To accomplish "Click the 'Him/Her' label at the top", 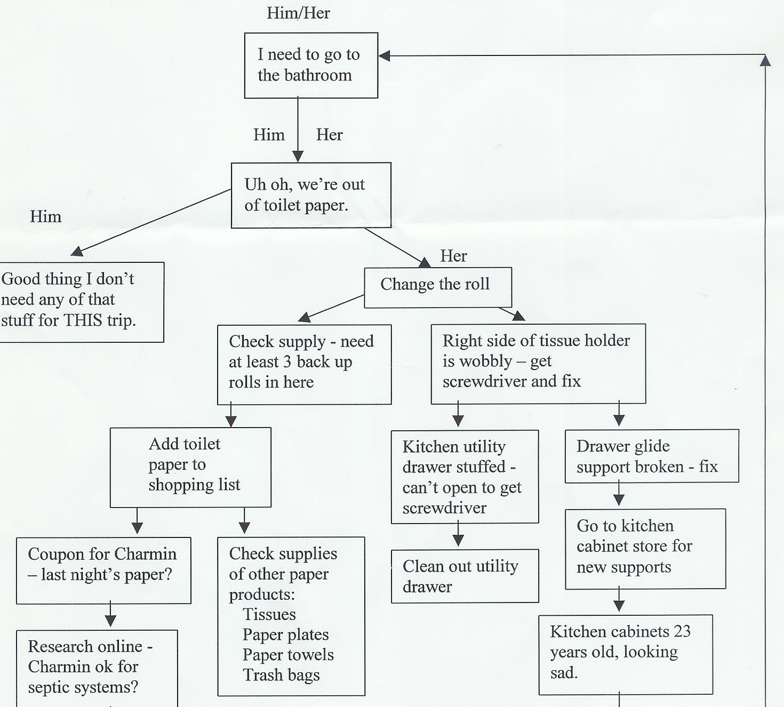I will [x=298, y=13].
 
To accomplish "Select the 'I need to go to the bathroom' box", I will [x=311, y=65].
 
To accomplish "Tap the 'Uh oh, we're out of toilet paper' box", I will [x=311, y=195].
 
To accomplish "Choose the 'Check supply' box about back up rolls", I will [x=304, y=364].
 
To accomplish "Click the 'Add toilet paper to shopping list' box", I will [x=190, y=467].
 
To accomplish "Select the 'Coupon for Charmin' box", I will [x=103, y=570].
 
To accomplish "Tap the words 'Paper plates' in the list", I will [x=285, y=634].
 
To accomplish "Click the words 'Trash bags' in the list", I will [x=281, y=675].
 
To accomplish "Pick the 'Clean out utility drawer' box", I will [x=465, y=576].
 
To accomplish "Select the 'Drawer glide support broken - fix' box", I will [x=651, y=456].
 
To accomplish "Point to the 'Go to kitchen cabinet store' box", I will [x=645, y=549].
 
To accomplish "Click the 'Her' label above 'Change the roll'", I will [x=453, y=256].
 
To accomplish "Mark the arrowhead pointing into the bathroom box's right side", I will [x=384, y=55].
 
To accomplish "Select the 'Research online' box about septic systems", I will [x=97, y=668].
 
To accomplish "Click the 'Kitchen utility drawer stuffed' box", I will [x=465, y=477].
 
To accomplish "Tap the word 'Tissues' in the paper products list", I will [x=269, y=614].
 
